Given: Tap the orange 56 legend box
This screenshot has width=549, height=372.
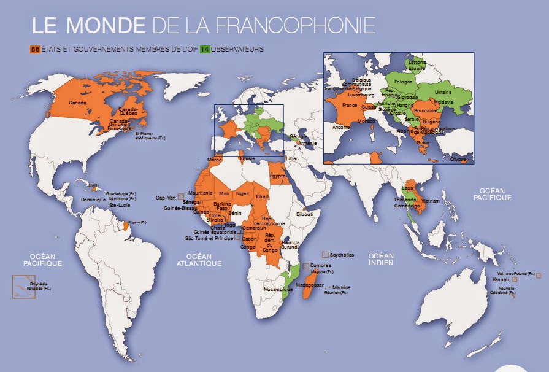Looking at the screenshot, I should pos(35,48).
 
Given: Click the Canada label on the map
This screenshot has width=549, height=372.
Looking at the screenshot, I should pos(77,102).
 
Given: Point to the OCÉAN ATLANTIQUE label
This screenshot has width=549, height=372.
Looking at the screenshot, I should pos(204,259).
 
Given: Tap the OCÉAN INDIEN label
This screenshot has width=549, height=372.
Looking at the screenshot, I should pos(380,259).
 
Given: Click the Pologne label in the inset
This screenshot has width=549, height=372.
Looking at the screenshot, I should pos(404,81).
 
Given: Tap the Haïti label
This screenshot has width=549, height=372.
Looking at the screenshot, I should pos(94,185).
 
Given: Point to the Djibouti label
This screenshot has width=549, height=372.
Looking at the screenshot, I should pos(304,214).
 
